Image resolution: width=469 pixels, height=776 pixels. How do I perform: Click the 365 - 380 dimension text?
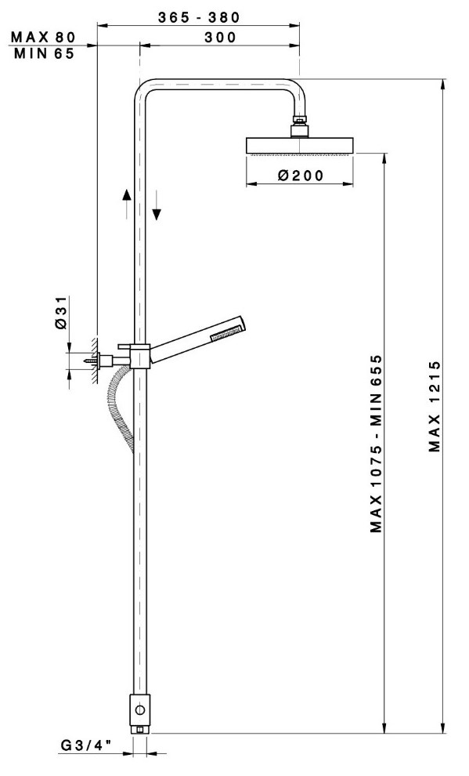(199, 17)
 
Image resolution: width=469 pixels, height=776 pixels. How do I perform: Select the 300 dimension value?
(220, 37)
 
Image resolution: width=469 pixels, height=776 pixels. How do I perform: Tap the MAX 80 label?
(44, 37)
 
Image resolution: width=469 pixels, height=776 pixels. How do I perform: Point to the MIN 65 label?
(44, 53)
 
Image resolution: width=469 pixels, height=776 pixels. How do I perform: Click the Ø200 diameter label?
(301, 176)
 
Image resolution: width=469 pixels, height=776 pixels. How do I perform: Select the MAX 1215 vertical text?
(435, 406)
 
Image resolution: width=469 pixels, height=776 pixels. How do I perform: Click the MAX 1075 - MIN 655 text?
(377, 444)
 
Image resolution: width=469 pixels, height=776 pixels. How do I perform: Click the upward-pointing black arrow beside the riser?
(127, 203)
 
